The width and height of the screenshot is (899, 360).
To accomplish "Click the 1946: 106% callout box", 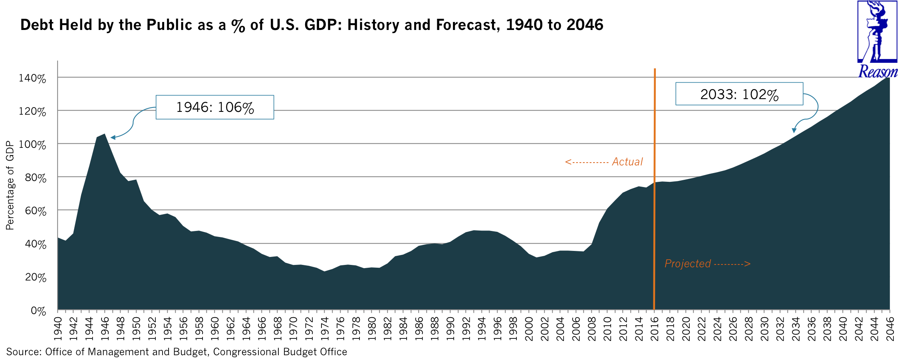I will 214,107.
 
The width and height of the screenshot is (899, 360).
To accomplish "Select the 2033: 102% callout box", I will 739,94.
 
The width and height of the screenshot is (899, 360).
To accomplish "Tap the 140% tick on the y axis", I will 32,78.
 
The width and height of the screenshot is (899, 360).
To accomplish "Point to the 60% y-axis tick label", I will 36,211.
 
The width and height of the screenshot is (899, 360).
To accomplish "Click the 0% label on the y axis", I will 38,311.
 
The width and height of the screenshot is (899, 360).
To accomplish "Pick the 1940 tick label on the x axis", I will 58,329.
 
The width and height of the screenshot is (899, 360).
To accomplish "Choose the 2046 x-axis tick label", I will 890,329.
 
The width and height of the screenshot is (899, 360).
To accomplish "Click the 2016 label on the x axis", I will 654,329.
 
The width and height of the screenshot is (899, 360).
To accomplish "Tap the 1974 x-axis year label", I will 324,329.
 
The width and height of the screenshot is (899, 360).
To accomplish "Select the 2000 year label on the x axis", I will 529,329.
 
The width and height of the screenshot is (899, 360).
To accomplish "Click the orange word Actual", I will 627,162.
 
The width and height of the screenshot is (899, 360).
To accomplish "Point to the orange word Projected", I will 687,264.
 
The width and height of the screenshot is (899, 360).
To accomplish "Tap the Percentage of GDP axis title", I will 10,185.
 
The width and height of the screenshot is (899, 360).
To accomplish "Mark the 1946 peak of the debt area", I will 105,135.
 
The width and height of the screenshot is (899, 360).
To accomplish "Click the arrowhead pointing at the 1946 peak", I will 113,137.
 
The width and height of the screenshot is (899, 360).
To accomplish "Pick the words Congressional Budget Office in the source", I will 280,352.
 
